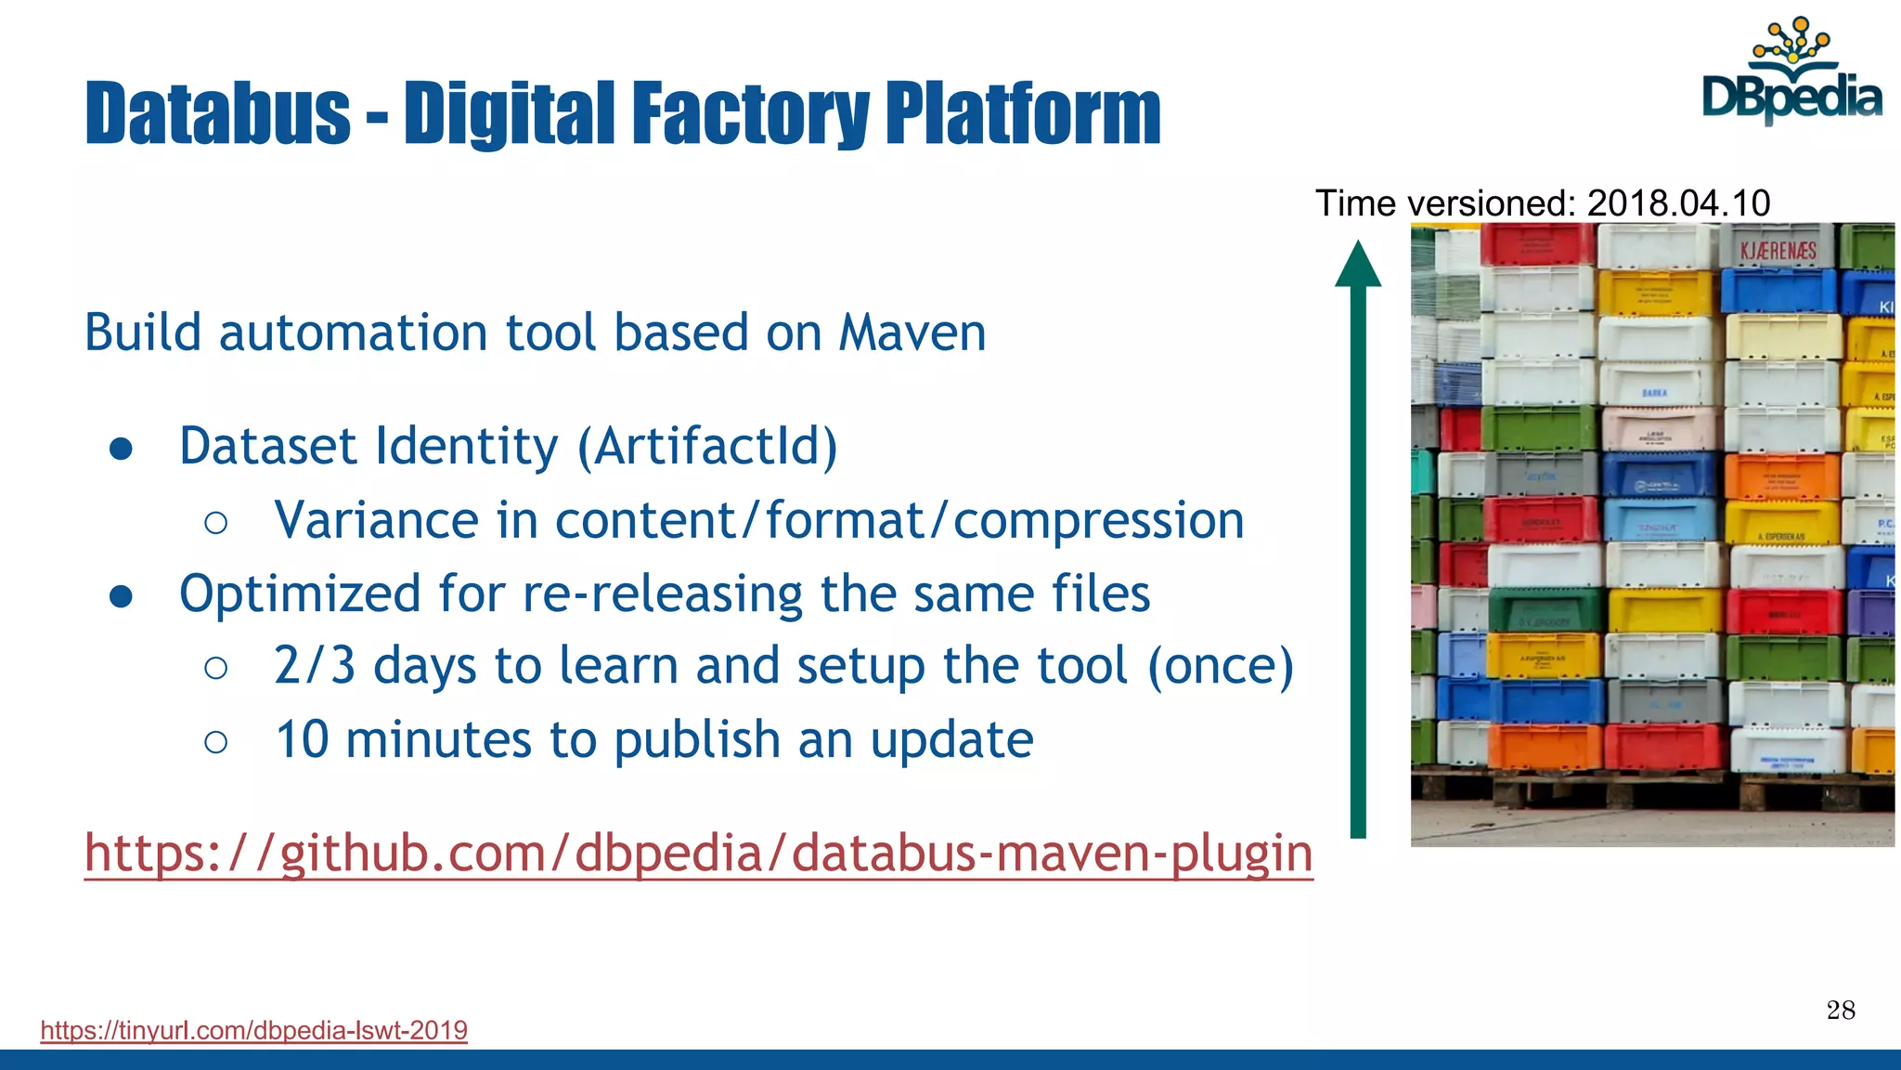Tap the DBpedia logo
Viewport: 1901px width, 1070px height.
tap(1791, 74)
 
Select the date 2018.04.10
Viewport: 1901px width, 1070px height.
tap(1678, 202)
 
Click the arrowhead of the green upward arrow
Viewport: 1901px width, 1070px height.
tap(1358, 264)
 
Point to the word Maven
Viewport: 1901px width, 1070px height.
tap(912, 333)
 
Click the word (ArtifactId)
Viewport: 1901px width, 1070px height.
tap(707, 446)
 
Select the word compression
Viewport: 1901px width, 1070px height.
tap(1098, 520)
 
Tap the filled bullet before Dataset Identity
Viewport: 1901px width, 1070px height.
tap(121, 449)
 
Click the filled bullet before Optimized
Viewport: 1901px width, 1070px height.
tap(121, 596)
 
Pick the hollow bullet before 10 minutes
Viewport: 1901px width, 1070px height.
tap(215, 741)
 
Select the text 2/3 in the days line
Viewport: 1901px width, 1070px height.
tap(315, 666)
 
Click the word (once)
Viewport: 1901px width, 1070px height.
tap(1221, 666)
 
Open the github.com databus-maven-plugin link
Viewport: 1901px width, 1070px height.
tap(698, 853)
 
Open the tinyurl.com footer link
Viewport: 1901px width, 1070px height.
tap(253, 1030)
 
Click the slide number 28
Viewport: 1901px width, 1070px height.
tap(1841, 1011)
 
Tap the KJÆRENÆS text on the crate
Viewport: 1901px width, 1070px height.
tap(1778, 251)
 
